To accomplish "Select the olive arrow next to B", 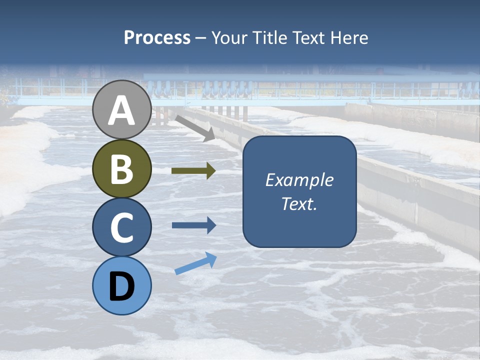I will (193, 171).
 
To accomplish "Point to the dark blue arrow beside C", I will (194, 225).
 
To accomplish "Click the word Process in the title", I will (157, 38).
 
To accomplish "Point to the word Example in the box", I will (299, 180).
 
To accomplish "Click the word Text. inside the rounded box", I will (299, 204).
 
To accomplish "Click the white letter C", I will (121, 227).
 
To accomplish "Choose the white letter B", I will (121, 169).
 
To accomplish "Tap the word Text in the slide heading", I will (308, 38).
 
